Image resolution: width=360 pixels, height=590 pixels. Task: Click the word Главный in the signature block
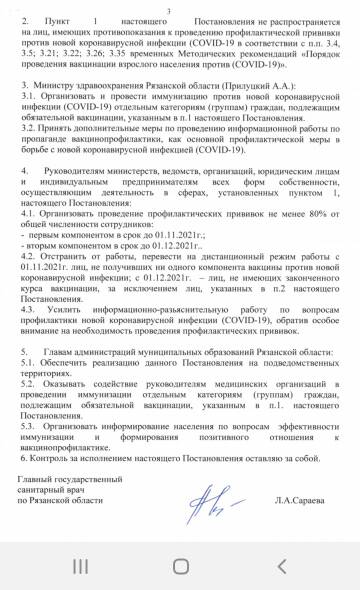point(40,509)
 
